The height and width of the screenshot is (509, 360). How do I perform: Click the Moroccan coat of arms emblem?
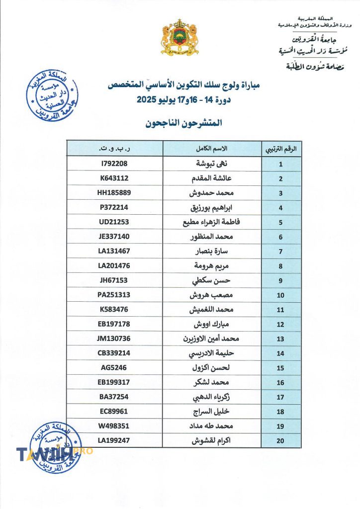[x=180, y=38]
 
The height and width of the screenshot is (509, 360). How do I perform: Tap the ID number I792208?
[x=114, y=164]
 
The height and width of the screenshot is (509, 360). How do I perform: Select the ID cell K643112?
[x=114, y=178]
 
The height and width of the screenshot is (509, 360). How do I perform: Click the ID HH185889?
[x=114, y=193]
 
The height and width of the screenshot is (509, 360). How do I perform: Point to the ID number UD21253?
[x=114, y=222]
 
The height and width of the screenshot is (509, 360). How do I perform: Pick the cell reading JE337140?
[x=114, y=237]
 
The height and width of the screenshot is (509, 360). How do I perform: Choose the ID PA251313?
[x=114, y=295]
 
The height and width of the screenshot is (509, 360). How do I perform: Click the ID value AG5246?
[x=114, y=368]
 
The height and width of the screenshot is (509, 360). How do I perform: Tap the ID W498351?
[x=114, y=426]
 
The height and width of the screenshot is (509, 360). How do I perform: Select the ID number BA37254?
[x=114, y=397]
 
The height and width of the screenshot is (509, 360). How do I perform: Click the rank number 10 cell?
[x=280, y=295]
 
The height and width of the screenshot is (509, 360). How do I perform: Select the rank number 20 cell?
[x=280, y=441]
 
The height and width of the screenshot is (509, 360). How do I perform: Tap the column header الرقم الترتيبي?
[x=280, y=149]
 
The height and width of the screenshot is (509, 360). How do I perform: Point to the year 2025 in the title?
[x=150, y=99]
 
